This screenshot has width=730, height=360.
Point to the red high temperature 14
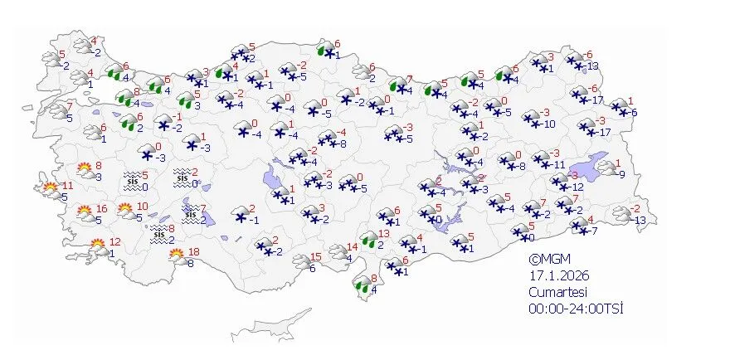coord(352,246)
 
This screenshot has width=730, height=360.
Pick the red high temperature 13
coord(383,234)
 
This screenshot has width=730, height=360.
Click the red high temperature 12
coord(115,242)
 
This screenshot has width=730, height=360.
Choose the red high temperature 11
coord(66,186)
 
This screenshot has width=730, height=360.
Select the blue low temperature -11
coord(560,165)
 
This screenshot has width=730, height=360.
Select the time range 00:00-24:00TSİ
coord(576,309)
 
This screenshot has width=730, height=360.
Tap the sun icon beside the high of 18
coord(176,255)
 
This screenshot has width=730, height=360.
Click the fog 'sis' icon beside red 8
coord(158,235)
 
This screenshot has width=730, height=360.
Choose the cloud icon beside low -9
coord(607,169)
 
